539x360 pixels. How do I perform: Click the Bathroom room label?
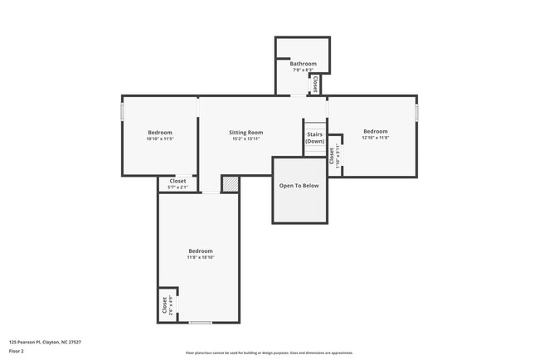pos(303,64)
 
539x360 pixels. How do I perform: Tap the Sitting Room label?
pos(245,133)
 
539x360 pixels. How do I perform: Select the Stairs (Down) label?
pos(314,138)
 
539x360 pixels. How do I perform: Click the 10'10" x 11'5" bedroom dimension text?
pos(160,139)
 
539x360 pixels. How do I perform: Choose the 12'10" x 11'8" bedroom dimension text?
pos(375,138)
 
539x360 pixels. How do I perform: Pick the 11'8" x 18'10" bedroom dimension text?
pos(200,258)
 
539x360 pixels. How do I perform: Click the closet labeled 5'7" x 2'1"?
pos(177,184)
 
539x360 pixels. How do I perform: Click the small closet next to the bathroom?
pos(315,84)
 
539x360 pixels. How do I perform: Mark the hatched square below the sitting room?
pos(230,184)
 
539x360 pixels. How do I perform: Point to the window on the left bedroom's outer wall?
pos(123,111)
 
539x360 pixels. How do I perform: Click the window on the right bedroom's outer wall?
pos(416,111)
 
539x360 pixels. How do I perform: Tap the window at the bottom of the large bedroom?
pos(200,322)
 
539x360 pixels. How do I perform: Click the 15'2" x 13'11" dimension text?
pos(245,139)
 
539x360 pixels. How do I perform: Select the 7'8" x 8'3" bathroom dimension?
pos(303,70)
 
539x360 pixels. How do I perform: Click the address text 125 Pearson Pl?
pos(45,342)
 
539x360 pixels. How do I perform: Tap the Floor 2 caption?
pos(17,351)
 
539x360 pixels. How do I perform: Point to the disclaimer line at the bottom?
pos(269,353)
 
